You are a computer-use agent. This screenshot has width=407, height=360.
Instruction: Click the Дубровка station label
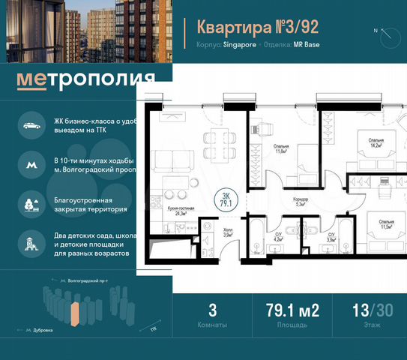click(x=42, y=329)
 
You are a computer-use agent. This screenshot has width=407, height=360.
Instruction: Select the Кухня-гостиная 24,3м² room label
click(x=177, y=211)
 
